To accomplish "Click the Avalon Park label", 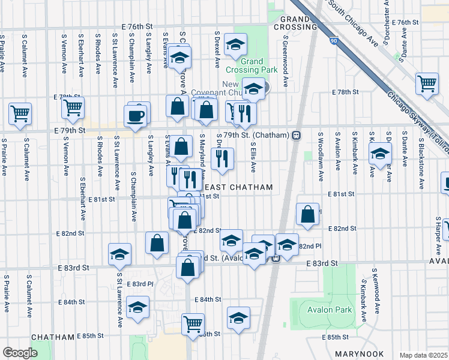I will (324, 310).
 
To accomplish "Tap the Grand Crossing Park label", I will (260, 65).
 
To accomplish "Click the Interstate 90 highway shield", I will (333, 41).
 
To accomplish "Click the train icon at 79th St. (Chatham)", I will (296, 135).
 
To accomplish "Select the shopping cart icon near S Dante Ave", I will (427, 83).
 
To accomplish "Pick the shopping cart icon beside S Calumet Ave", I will (20, 113).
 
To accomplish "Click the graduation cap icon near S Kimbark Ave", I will (379, 154).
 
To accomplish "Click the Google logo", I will (19, 353).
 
